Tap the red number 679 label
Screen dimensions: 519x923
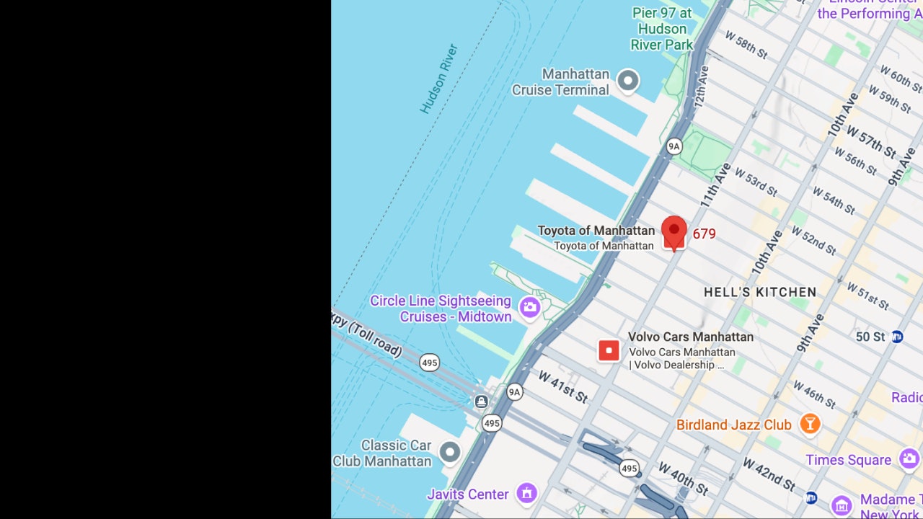point(704,234)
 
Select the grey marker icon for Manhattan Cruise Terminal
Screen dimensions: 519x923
point(628,81)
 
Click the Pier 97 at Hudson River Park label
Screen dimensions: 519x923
point(661,29)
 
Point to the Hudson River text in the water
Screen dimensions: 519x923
point(439,79)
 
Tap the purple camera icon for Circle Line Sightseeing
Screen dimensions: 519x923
point(530,308)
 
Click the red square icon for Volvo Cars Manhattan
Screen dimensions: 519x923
point(609,351)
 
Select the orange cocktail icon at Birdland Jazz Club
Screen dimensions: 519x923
point(810,424)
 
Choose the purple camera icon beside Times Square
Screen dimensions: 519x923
point(909,458)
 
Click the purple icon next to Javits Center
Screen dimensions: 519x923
point(527,494)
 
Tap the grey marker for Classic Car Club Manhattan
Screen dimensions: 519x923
point(450,453)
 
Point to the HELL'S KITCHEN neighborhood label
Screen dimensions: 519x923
point(760,292)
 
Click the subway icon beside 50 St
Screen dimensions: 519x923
point(897,337)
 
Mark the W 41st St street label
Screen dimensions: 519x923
point(562,387)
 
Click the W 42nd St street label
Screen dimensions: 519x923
point(769,474)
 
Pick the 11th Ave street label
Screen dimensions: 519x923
point(715,185)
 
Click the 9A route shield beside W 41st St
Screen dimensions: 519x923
point(514,392)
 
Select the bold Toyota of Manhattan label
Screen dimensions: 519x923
point(596,231)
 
